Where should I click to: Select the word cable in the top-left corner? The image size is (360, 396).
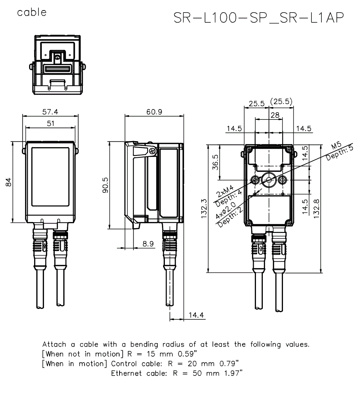click(x=32, y=12)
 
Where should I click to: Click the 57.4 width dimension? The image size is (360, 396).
click(x=50, y=112)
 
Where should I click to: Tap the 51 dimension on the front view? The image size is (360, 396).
click(x=51, y=123)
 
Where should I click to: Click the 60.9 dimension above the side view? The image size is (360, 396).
click(x=154, y=112)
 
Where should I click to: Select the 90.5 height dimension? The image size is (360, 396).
click(x=105, y=185)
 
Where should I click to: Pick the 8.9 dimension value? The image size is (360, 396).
click(x=148, y=244)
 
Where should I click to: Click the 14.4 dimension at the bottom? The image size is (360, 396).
click(x=196, y=315)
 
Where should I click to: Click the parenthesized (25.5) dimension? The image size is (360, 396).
click(x=281, y=102)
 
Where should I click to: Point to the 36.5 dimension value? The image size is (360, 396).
click(x=215, y=162)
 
